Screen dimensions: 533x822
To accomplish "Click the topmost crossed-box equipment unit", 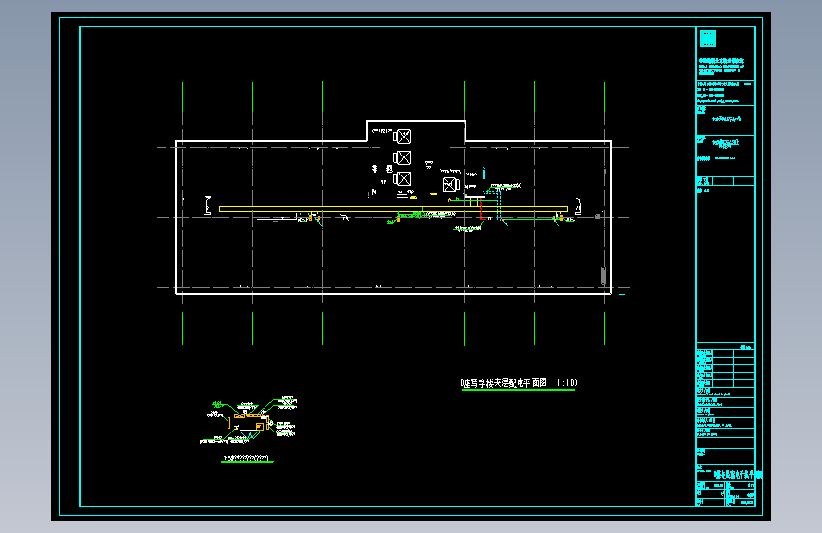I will (x=402, y=136).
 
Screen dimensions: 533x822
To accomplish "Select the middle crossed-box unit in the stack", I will (x=402, y=157).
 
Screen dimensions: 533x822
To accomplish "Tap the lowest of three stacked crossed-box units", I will (x=402, y=178).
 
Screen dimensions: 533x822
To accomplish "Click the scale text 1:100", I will (x=566, y=384).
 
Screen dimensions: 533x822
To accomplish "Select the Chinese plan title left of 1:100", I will (x=504, y=384).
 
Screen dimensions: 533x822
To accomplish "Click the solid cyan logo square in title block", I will (x=707, y=39).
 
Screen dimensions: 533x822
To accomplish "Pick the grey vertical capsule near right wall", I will (x=603, y=276).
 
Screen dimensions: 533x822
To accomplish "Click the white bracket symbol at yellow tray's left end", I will (x=209, y=205).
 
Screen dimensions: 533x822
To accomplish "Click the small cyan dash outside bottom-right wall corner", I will (x=622, y=295).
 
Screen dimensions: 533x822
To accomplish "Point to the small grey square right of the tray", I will (x=599, y=216).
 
